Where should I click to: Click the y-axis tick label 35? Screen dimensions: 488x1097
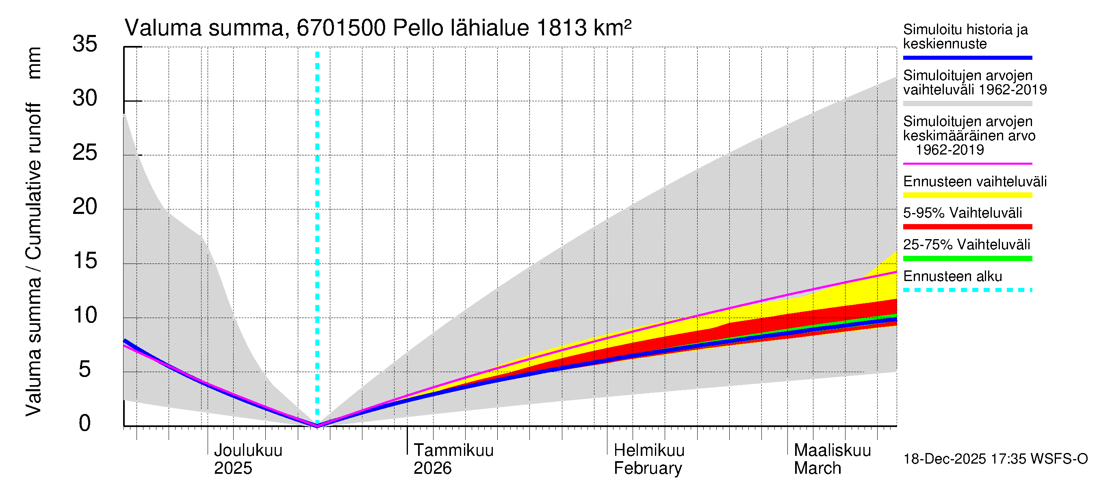click(85, 44)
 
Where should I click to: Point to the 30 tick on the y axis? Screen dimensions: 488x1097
click(85, 98)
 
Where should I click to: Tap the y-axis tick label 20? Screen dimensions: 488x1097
click(85, 207)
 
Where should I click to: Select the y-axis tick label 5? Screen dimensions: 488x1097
click(85, 369)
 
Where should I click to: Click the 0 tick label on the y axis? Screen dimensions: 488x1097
click(85, 423)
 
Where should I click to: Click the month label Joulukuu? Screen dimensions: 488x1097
click(248, 451)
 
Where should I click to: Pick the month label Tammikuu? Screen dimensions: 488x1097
click(453, 451)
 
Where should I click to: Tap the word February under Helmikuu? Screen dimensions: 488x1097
click(647, 468)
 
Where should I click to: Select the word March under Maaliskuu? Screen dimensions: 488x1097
click(817, 468)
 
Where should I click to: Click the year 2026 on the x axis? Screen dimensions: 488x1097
click(432, 468)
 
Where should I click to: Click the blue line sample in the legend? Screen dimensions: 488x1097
click(967, 57)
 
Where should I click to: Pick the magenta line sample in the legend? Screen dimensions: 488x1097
click(967, 163)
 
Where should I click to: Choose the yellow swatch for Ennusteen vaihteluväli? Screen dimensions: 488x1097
click(967, 195)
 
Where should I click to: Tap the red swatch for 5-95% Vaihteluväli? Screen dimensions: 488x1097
click(967, 227)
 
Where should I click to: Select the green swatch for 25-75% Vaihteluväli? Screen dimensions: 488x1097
click(967, 258)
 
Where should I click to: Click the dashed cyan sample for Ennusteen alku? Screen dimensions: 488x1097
click(967, 290)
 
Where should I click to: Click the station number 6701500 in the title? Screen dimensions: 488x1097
click(341, 28)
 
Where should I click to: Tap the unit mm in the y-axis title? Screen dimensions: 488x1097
click(34, 63)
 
